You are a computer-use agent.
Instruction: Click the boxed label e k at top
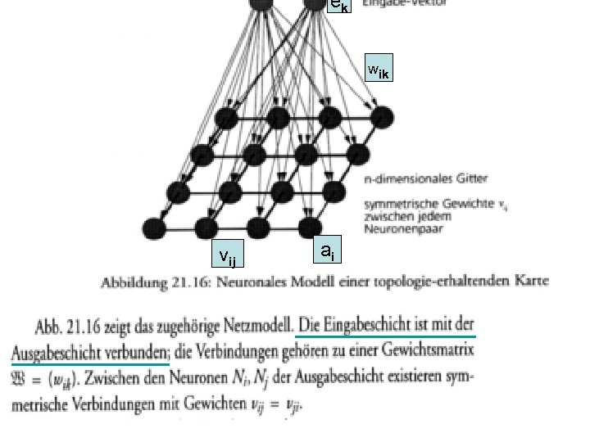[338, 7]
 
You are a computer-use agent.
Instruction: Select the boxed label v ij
[227, 257]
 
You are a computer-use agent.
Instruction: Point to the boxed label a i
[326, 251]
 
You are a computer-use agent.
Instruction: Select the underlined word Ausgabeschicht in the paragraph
[61, 354]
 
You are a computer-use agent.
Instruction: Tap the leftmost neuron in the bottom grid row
[154, 227]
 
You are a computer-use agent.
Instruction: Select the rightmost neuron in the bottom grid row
[309, 227]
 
